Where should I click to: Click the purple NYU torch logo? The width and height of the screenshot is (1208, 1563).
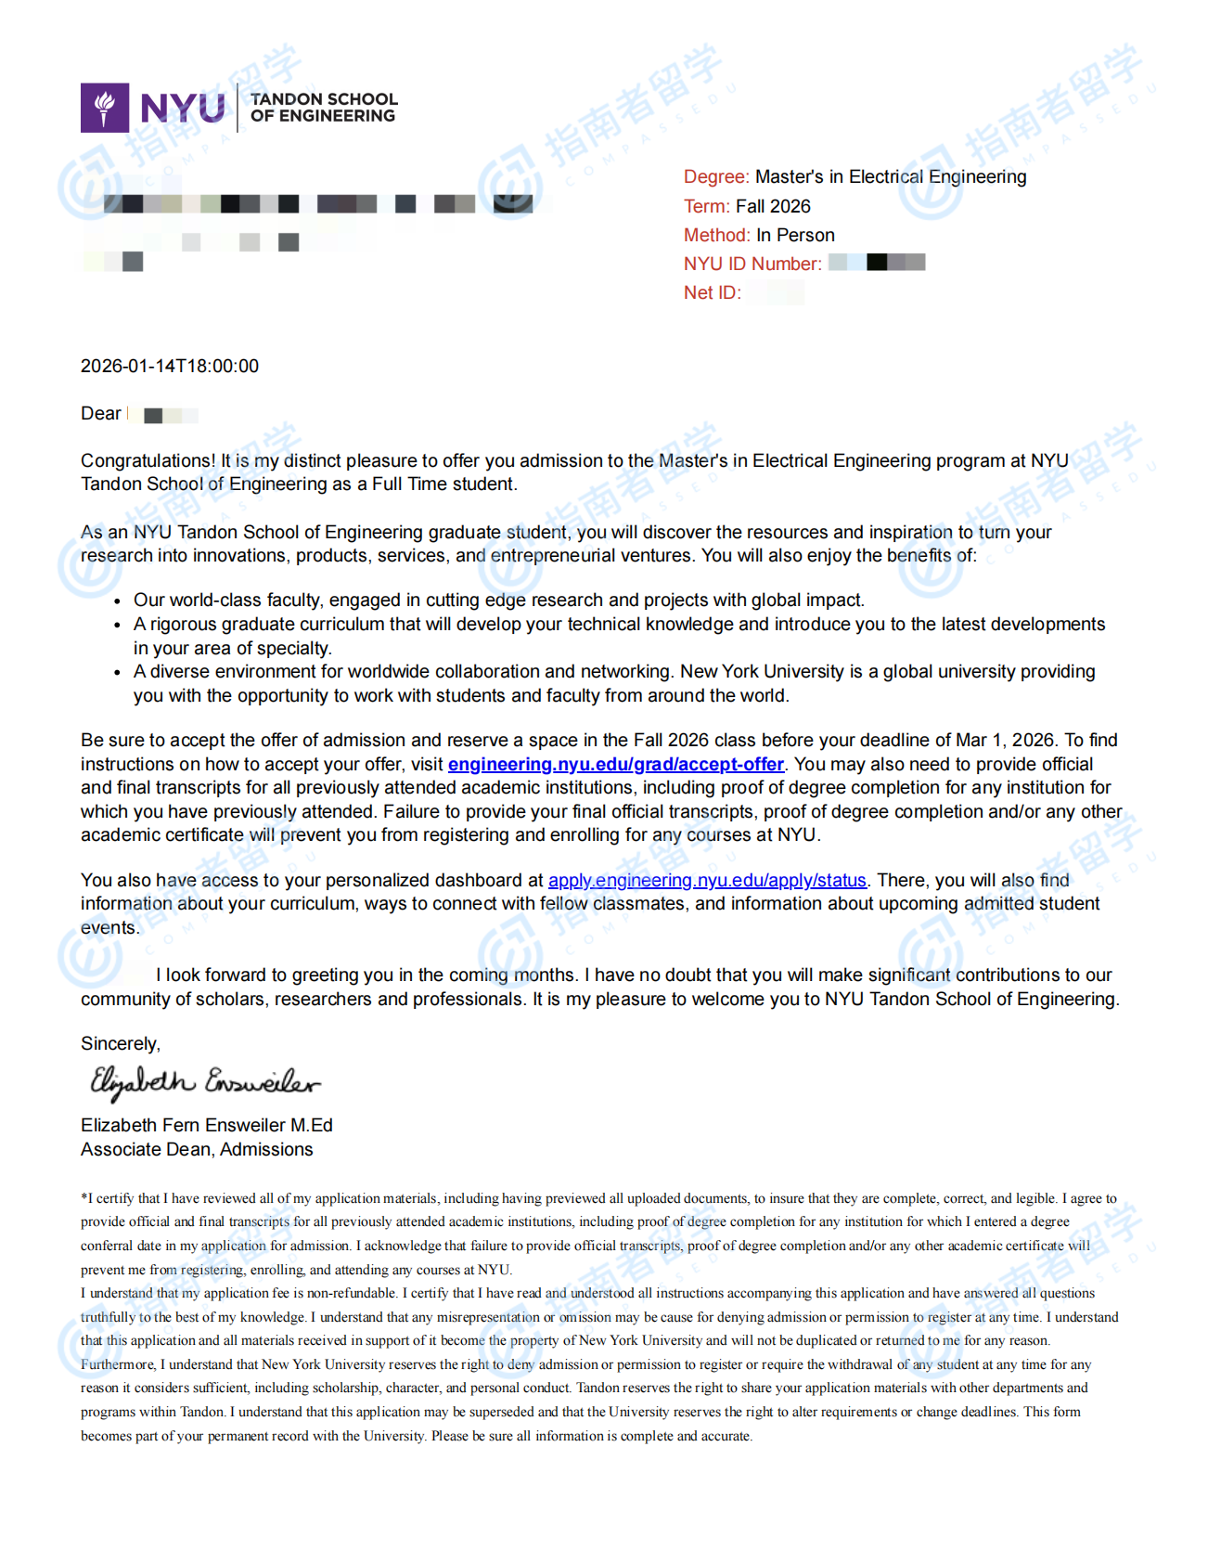click(x=105, y=108)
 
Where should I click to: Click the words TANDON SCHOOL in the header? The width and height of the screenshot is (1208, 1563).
click(x=324, y=98)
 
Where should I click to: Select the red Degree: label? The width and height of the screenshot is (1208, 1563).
click(x=715, y=176)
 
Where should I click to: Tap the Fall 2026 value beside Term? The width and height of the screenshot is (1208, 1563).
click(x=773, y=206)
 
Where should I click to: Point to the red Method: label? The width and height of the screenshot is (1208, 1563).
click(x=716, y=235)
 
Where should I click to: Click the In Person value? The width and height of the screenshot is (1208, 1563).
click(x=795, y=235)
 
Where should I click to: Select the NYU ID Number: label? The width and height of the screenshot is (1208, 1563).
click(x=752, y=264)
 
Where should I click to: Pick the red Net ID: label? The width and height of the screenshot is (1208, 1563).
click(x=712, y=292)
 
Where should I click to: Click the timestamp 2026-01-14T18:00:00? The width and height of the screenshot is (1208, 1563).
click(x=170, y=366)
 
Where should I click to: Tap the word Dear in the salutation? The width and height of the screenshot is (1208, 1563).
click(x=100, y=413)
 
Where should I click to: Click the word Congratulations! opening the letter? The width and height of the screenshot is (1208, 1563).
click(x=148, y=460)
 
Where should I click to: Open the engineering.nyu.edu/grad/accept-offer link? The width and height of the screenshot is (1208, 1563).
click(x=615, y=764)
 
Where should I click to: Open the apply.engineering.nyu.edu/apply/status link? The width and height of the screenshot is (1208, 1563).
click(x=707, y=880)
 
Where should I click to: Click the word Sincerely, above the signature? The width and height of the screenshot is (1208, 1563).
click(x=121, y=1043)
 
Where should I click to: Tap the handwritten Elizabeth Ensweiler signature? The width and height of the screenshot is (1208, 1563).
click(x=204, y=1082)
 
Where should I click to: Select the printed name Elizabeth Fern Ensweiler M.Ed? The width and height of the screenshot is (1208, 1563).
click(x=206, y=1125)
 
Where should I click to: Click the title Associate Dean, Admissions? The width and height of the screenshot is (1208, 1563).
click(x=197, y=1149)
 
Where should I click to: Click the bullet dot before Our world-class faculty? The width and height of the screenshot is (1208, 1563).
click(x=117, y=601)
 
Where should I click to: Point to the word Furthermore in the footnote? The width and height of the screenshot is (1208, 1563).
click(x=118, y=1364)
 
